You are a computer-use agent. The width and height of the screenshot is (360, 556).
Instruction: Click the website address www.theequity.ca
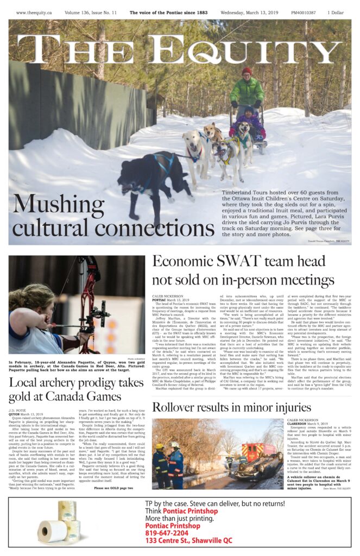pos(34,12)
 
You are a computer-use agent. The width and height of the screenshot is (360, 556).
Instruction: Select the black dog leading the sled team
pos(155,175)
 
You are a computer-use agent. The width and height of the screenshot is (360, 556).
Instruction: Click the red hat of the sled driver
pos(247,71)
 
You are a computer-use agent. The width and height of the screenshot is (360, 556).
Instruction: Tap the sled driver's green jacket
pos(247,90)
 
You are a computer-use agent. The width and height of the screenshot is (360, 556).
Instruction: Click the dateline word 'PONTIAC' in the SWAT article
pos(159,300)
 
